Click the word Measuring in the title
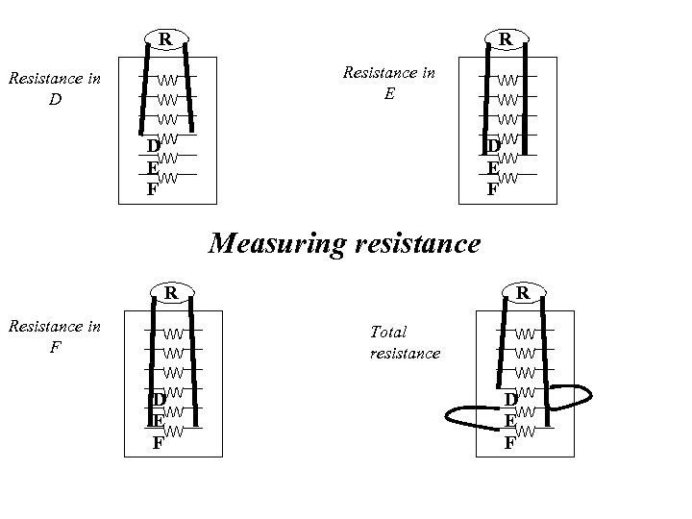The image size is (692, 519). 277,244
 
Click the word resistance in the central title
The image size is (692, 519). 415,244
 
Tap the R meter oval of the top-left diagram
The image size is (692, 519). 166,40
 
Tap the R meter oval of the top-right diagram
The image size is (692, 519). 504,40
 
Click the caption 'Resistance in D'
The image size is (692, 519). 54,88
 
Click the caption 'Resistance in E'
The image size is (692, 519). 389,83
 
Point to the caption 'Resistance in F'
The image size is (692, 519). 54,336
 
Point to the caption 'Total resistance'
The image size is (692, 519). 405,343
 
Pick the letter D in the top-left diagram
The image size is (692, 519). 153,146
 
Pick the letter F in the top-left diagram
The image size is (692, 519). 152,189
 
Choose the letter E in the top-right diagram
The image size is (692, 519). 492,167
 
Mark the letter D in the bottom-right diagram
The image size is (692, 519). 511,398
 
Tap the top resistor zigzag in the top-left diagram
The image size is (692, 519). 167,79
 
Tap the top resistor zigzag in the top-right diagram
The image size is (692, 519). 508,79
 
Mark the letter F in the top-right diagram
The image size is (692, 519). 492,189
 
